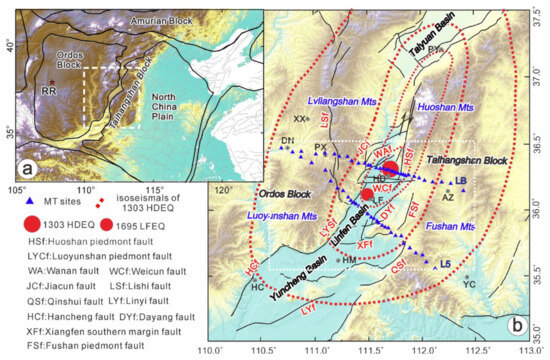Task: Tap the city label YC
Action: tap(471, 284)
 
